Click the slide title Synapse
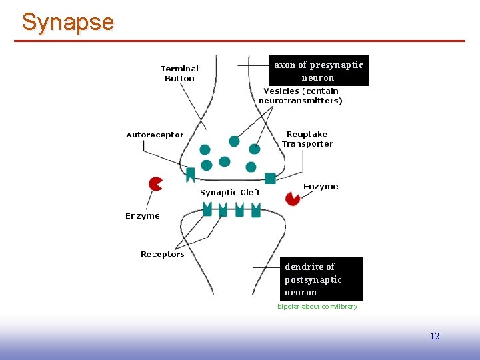coord(67,22)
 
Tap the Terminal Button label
coord(179,73)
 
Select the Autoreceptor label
coord(155,135)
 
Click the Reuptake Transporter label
coord(307,139)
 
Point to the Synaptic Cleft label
coord(230,193)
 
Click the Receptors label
coord(162,254)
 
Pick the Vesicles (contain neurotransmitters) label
coord(301,96)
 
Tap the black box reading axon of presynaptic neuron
coord(318,71)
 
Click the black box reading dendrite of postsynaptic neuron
coord(322,279)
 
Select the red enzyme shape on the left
coord(155,183)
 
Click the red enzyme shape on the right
coord(292,198)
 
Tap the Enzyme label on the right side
coord(321,187)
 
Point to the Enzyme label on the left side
coord(143,216)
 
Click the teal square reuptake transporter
coord(270,178)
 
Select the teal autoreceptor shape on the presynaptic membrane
coord(190,175)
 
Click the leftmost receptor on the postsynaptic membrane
coord(207,209)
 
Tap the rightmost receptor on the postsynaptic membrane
coord(256,209)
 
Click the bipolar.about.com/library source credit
coord(317,307)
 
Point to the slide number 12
coord(435,336)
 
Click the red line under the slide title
coord(240,41)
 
